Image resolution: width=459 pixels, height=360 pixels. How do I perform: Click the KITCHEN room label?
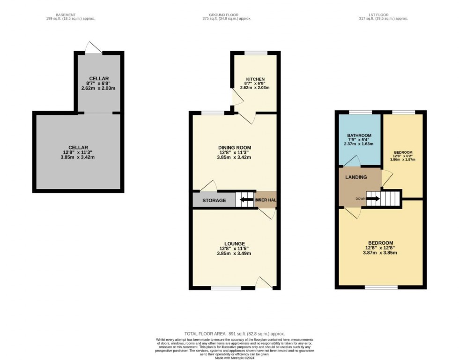pyautogui.click(x=255, y=79)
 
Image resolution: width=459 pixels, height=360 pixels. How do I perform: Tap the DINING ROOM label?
pyautogui.click(x=234, y=148)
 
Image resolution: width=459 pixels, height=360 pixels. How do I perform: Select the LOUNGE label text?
pyautogui.click(x=234, y=244)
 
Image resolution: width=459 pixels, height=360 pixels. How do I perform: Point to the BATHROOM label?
pyautogui.click(x=359, y=136)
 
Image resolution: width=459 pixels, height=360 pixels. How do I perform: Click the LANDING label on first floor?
pyautogui.click(x=356, y=177)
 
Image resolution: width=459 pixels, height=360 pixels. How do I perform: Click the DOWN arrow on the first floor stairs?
pyautogui.click(x=373, y=198)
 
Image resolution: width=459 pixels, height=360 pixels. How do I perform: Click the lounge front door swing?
pyautogui.click(x=264, y=283)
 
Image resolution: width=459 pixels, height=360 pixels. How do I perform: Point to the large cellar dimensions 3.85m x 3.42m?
pyautogui.click(x=78, y=157)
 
